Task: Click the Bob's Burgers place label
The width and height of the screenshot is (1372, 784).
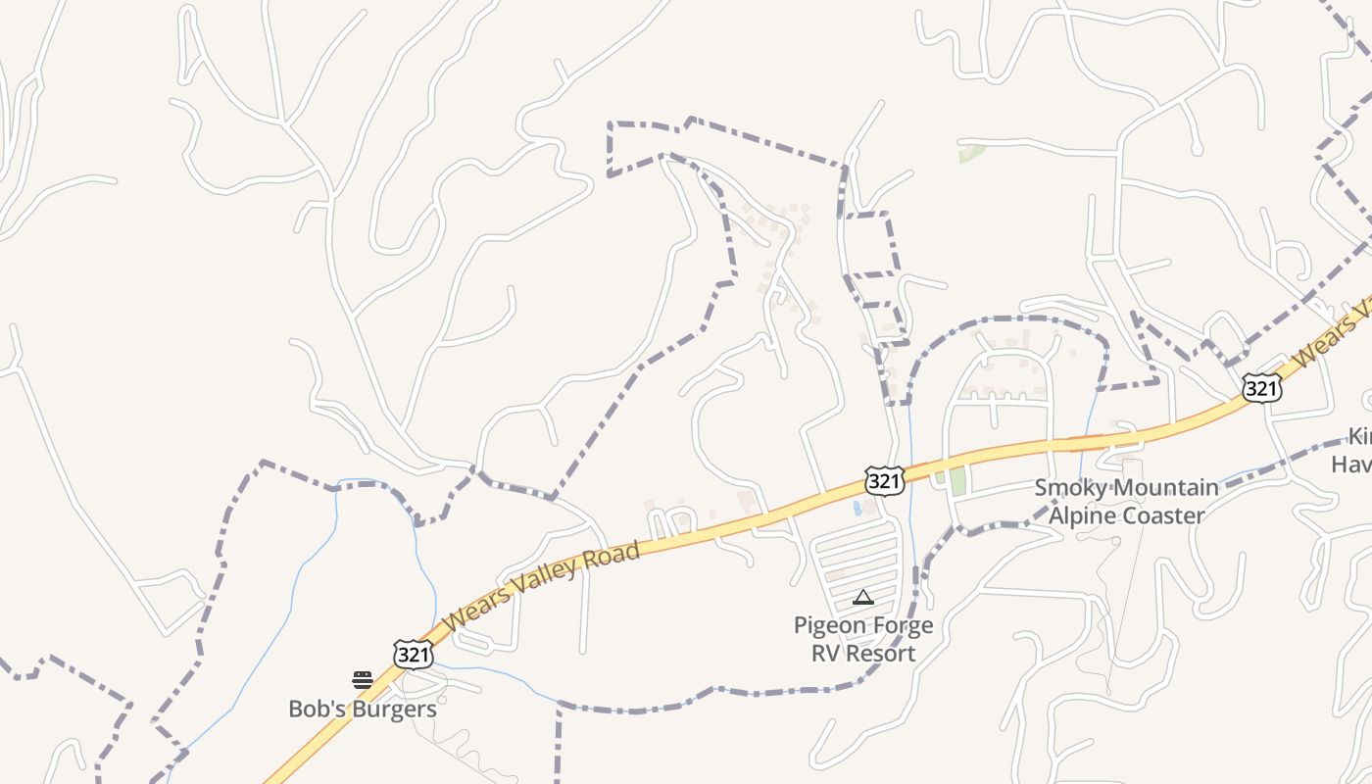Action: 363,709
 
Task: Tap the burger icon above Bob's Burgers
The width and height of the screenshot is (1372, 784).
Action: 363,680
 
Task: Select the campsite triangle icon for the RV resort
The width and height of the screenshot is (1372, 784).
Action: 863,597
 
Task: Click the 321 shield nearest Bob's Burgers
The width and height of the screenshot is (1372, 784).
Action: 413,655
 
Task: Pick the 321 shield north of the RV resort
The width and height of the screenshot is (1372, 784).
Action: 883,481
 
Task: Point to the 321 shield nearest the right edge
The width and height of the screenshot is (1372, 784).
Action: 1261,388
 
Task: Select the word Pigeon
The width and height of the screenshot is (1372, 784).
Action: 830,625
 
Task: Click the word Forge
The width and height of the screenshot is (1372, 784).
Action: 902,625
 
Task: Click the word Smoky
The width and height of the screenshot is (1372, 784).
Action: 1071,488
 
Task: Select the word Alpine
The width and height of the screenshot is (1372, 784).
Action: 1084,515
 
